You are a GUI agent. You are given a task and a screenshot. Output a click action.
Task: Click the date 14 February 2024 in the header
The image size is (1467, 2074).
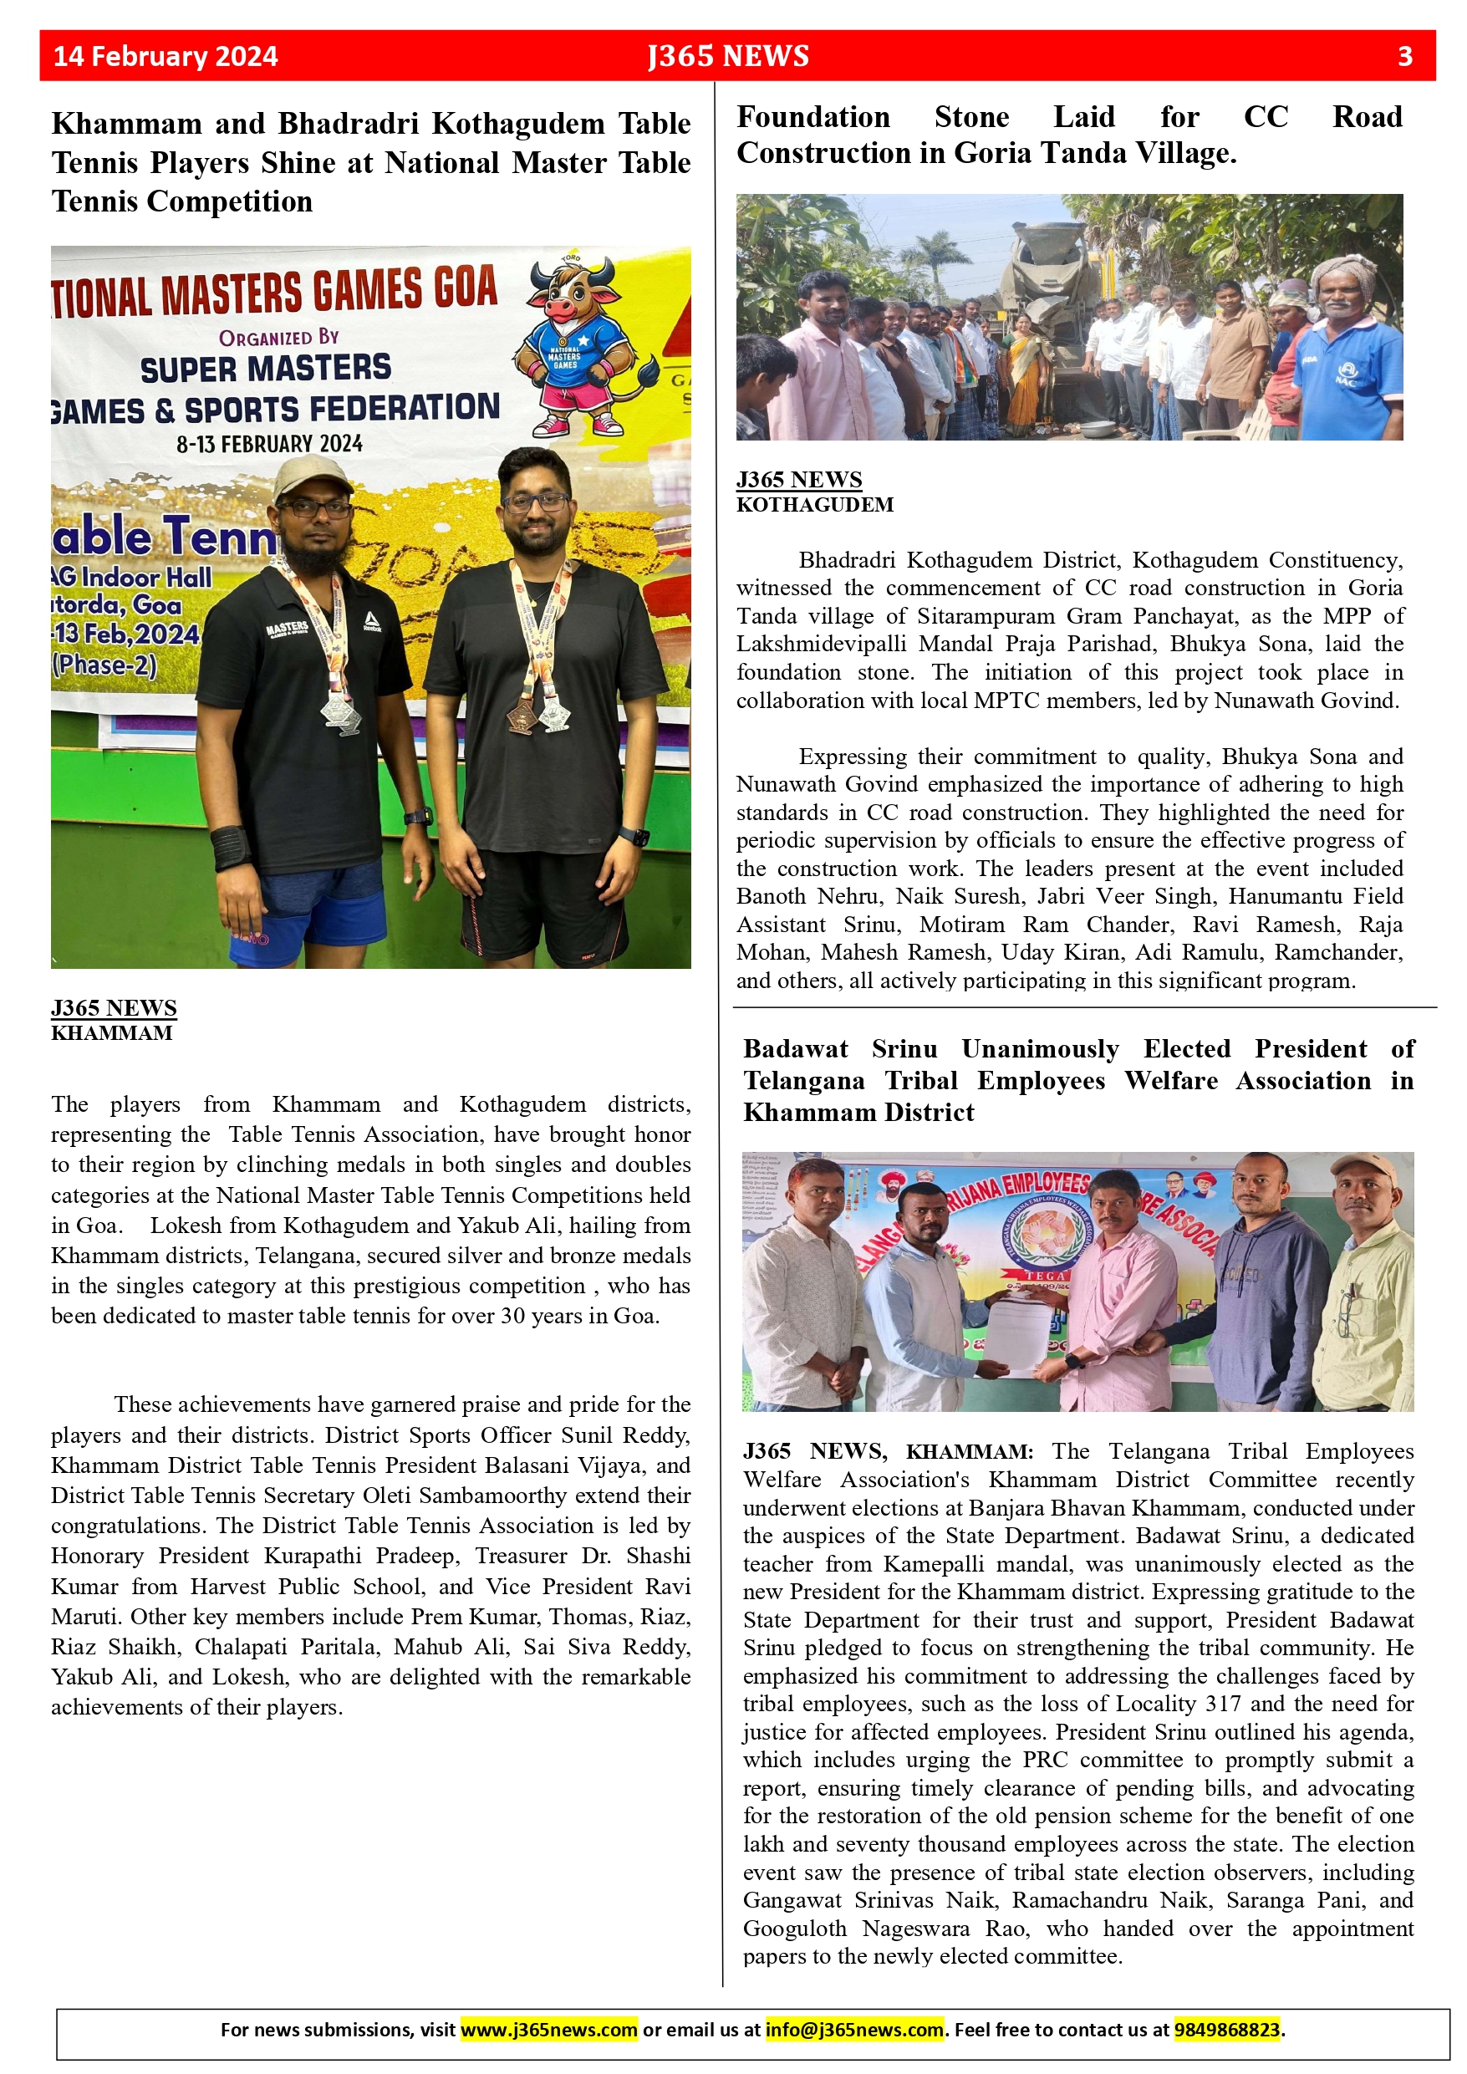(166, 56)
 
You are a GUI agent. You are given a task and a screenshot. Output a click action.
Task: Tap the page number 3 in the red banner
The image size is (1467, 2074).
(1404, 56)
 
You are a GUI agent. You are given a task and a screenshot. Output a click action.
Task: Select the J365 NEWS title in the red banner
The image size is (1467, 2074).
(728, 56)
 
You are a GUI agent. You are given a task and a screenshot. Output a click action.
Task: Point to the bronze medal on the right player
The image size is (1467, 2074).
(520, 716)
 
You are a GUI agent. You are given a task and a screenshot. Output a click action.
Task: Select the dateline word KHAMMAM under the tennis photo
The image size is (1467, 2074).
(111, 1033)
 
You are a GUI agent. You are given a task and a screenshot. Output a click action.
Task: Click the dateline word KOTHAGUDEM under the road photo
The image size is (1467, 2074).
(815, 505)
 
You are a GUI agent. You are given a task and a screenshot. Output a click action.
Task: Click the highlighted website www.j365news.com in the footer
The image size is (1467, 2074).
(548, 2030)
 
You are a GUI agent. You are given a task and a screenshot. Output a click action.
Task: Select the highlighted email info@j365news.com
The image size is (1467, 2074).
(854, 2030)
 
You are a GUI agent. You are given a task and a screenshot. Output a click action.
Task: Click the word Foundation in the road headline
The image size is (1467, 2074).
(813, 117)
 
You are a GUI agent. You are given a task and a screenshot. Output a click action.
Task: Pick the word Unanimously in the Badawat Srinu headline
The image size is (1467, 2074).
(1040, 1049)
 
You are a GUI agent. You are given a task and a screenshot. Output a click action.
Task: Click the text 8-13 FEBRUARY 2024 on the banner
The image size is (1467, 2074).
(269, 445)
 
